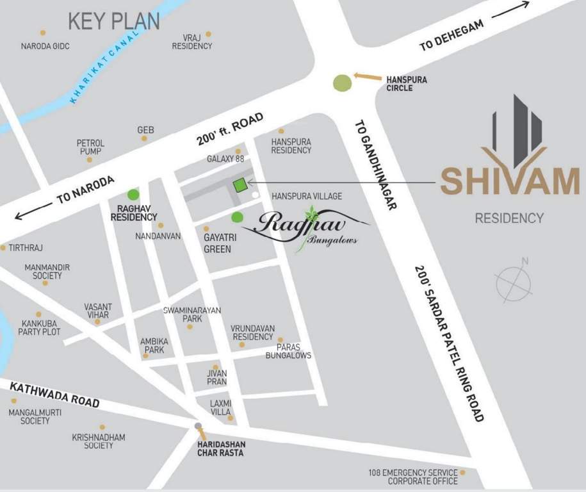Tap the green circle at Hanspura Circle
(343, 83)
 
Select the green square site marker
(240, 186)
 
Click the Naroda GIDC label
(45, 46)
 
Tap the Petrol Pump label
(90, 147)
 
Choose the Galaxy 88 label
(225, 159)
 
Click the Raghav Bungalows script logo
(305, 228)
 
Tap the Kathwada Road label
(55, 392)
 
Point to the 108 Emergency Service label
(413, 477)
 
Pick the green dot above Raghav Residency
(133, 194)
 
